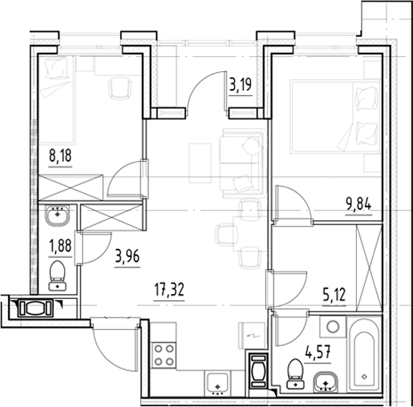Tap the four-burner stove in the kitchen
pyautogui.click(x=165, y=354)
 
